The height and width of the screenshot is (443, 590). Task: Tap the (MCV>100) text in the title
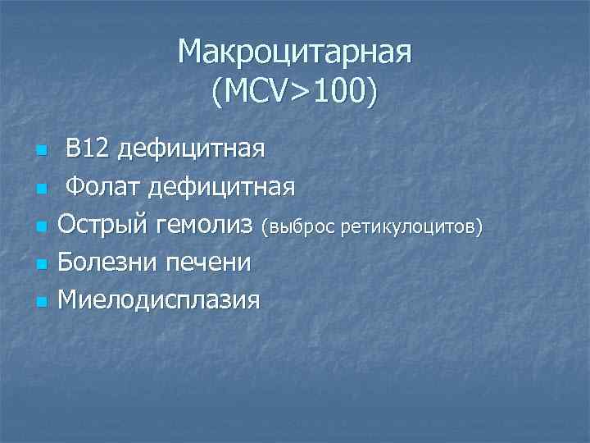[295, 93]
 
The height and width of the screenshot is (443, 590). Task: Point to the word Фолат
[102, 187]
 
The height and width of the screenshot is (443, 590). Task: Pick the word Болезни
[107, 263]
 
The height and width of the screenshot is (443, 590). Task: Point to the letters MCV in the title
[253, 93]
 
